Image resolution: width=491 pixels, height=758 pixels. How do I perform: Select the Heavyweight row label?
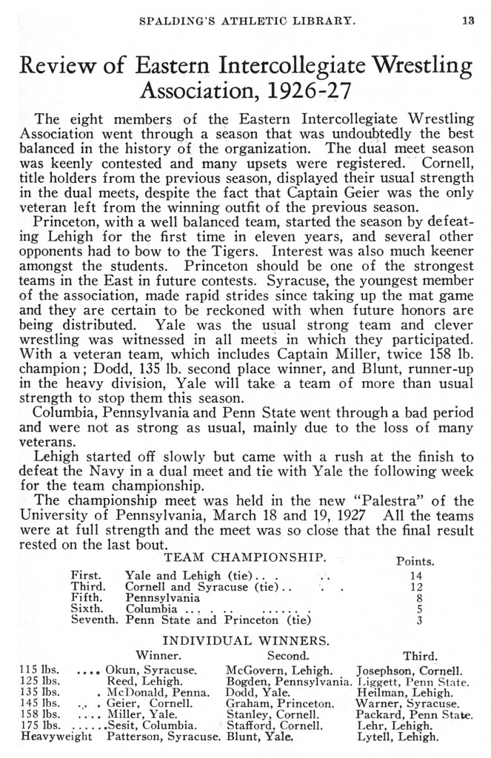tap(47, 737)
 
